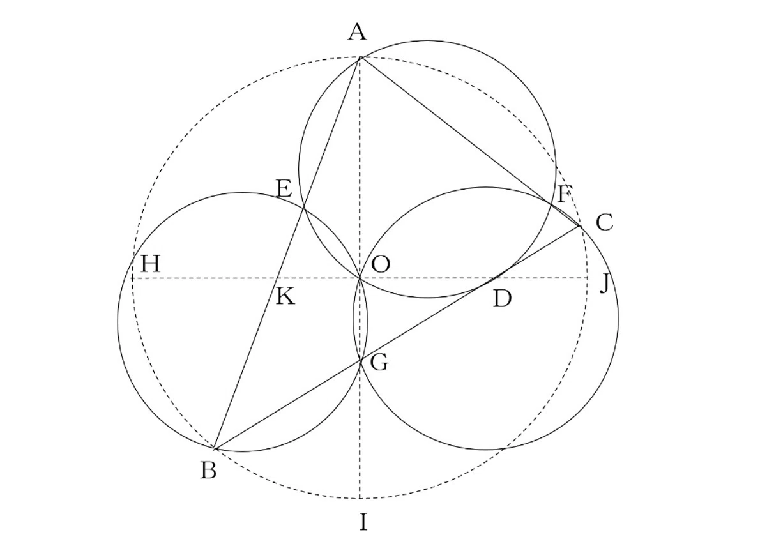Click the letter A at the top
click(x=357, y=32)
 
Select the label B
click(x=209, y=471)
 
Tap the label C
click(x=604, y=222)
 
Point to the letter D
click(x=503, y=298)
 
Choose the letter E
click(x=284, y=188)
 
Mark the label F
click(x=563, y=194)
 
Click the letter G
click(x=379, y=362)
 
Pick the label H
click(x=151, y=264)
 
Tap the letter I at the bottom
click(x=363, y=522)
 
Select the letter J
click(x=605, y=283)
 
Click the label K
click(x=285, y=296)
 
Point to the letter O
click(x=381, y=264)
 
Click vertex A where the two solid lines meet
click(x=360, y=58)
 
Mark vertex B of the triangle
click(x=215, y=448)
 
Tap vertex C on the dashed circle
click(x=580, y=226)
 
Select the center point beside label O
click(x=360, y=278)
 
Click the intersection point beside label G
click(x=361, y=360)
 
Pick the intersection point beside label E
click(x=304, y=207)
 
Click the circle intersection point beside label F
click(x=551, y=204)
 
